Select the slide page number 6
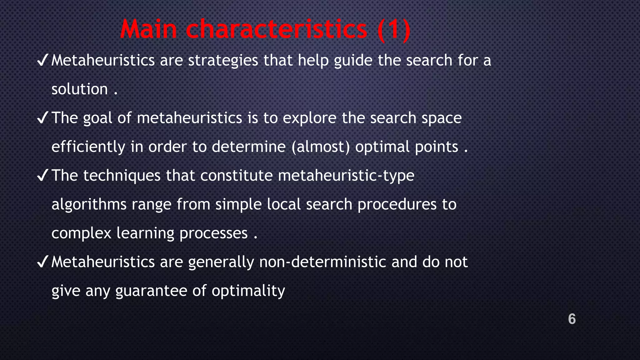572,319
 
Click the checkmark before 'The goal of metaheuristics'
42,118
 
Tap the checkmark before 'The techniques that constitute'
42,176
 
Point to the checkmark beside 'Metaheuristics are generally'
42,262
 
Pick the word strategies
223,61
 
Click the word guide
353,61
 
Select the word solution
80,89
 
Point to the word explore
309,118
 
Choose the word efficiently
88,147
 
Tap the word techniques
122,176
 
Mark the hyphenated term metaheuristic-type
346,176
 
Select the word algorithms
89,204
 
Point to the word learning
145,233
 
